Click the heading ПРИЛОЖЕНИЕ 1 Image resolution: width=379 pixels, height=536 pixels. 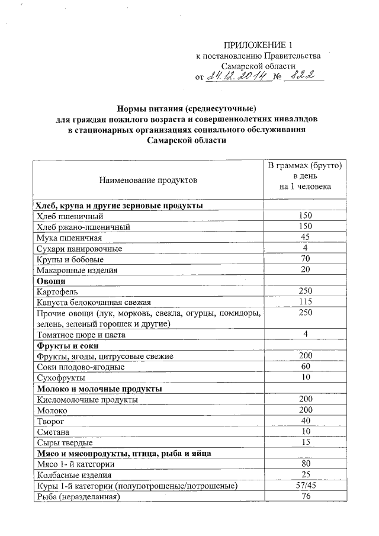(258, 46)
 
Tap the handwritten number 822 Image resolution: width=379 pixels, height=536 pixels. (303, 76)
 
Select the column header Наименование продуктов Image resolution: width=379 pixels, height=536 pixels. (148, 179)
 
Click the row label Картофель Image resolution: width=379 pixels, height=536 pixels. (57, 291)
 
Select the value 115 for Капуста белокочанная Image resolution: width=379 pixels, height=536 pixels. (305, 302)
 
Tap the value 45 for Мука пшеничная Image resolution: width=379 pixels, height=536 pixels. (305, 237)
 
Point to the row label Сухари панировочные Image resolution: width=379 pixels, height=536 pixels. (79, 248)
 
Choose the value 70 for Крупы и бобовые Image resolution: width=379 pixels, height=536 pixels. (305, 259)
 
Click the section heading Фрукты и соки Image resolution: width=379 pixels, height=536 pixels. (68, 345)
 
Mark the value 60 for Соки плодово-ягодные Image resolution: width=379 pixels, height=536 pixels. (305, 367)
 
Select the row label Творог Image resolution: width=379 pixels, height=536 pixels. (50, 421)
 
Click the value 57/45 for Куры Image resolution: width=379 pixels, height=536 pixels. (305, 486)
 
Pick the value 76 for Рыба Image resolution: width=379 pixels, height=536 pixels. (305, 496)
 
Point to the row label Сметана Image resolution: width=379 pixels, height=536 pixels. (53, 432)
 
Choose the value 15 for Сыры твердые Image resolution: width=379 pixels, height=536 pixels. (305, 442)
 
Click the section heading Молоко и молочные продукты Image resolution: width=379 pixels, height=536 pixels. (99, 389)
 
